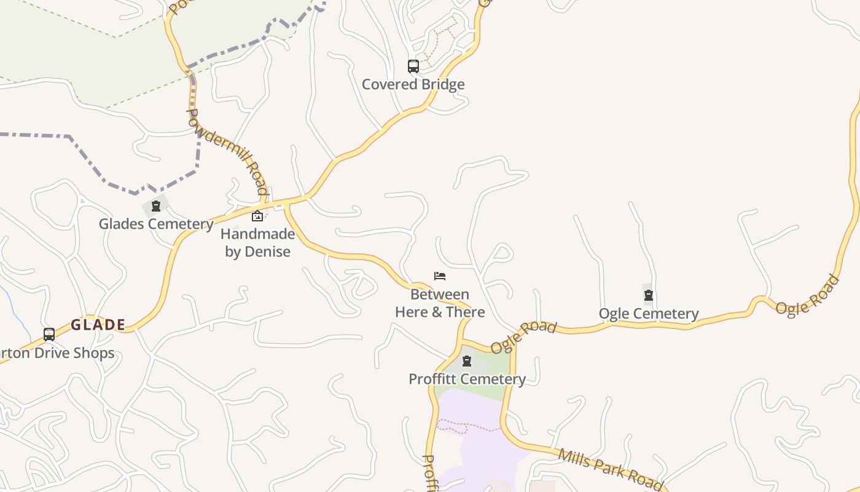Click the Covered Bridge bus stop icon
click(413, 66)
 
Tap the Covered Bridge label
click(413, 84)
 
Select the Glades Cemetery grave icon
click(156, 206)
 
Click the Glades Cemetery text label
click(156, 223)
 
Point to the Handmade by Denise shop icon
click(257, 216)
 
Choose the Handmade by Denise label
click(257, 242)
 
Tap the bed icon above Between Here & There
click(440, 276)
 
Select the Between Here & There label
click(440, 303)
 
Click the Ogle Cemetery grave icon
click(649, 296)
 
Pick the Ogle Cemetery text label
click(649, 314)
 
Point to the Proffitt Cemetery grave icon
click(467, 361)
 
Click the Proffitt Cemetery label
click(467, 379)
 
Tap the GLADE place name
click(98, 325)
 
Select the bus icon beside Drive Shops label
click(49, 335)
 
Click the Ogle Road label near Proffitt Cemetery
click(523, 336)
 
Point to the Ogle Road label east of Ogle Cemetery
click(807, 295)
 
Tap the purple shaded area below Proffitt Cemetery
click(473, 443)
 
